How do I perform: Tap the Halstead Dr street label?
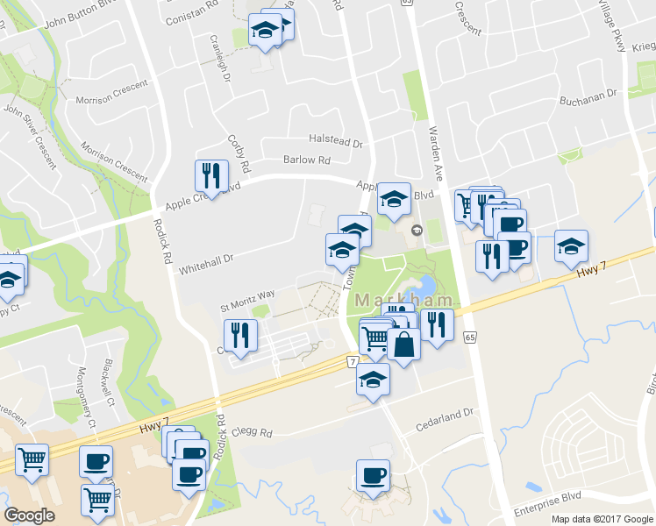pyautogui.click(x=335, y=140)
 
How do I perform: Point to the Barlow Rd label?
pyautogui.click(x=306, y=160)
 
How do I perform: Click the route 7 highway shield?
pyautogui.click(x=352, y=361)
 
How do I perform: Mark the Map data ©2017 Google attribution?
pyautogui.click(x=602, y=519)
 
